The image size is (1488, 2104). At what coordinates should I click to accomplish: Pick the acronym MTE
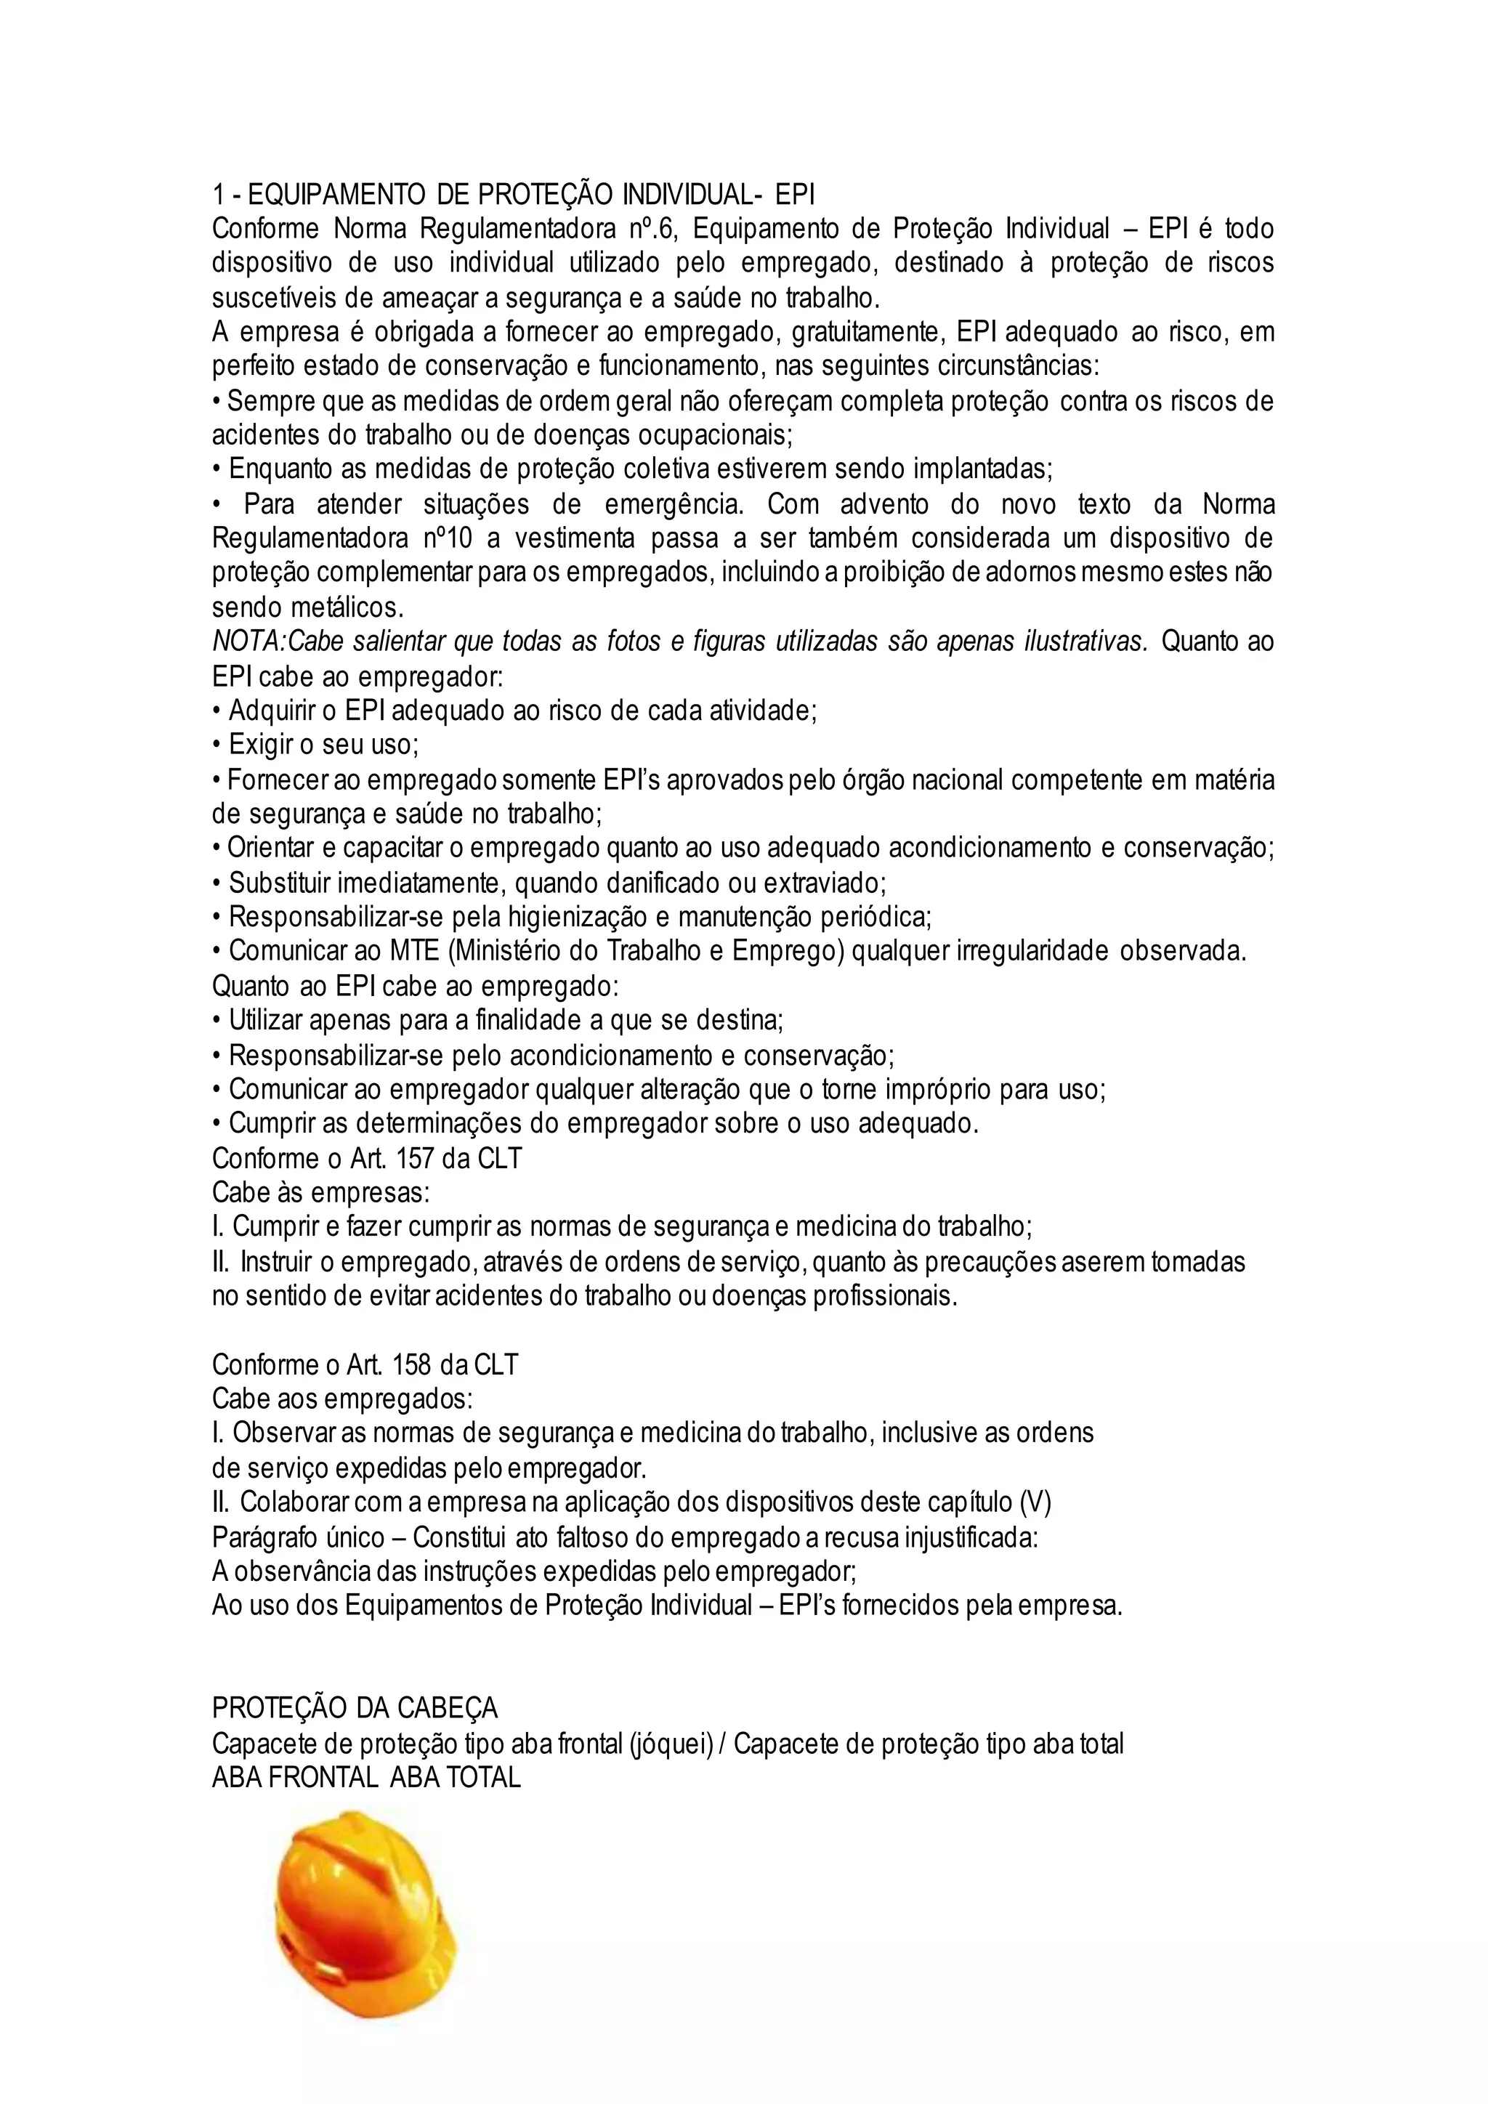pos(415,951)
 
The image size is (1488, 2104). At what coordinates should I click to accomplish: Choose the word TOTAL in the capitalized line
pos(484,1778)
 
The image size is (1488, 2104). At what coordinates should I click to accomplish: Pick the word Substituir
pos(278,883)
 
